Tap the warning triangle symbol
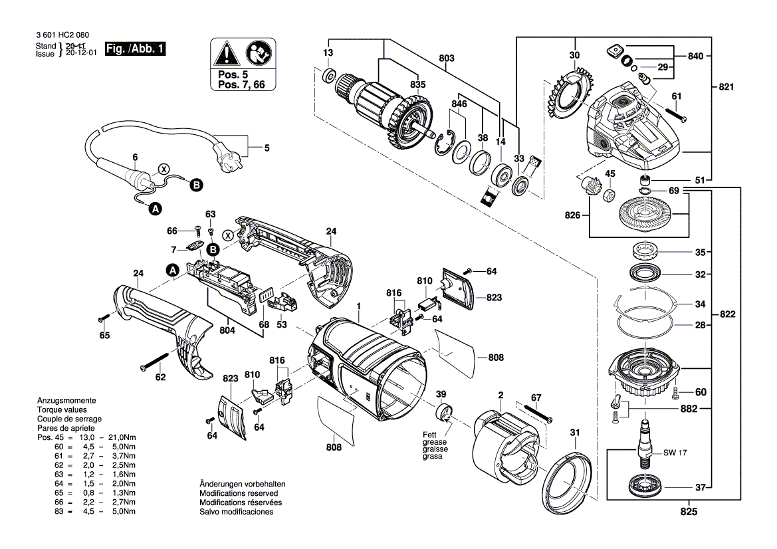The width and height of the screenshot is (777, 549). click(225, 52)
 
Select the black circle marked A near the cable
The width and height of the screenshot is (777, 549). click(156, 209)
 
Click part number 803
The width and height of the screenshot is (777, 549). click(447, 59)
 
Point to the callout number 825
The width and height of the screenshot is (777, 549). click(690, 513)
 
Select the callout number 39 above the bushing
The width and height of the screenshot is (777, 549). click(441, 395)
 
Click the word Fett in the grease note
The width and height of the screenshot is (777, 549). click(431, 435)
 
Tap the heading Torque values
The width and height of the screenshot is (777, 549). click(59, 410)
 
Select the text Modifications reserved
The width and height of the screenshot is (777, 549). click(239, 494)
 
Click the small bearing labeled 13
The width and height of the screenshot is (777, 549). click(328, 76)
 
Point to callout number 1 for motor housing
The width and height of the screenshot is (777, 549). click(358, 306)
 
